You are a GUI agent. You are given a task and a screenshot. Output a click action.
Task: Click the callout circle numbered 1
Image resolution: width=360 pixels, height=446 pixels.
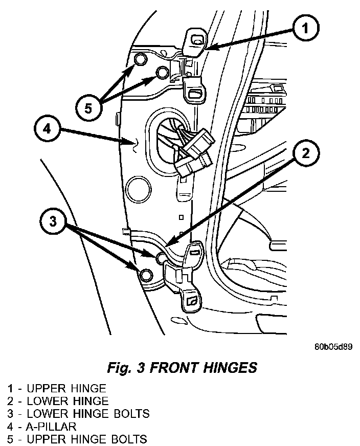coord(305,30)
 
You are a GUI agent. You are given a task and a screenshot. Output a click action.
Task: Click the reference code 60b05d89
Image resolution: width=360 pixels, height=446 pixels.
coord(333,347)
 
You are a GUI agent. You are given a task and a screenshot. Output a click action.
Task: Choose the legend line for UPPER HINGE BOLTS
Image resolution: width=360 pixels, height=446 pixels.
coord(77,439)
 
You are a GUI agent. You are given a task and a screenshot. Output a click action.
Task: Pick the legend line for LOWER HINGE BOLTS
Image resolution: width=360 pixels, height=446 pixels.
coord(78,413)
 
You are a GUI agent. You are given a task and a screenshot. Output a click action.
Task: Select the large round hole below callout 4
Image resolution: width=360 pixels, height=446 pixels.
coord(139,189)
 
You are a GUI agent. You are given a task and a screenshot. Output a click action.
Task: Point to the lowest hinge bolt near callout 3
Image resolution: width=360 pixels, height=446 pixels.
coord(146,275)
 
